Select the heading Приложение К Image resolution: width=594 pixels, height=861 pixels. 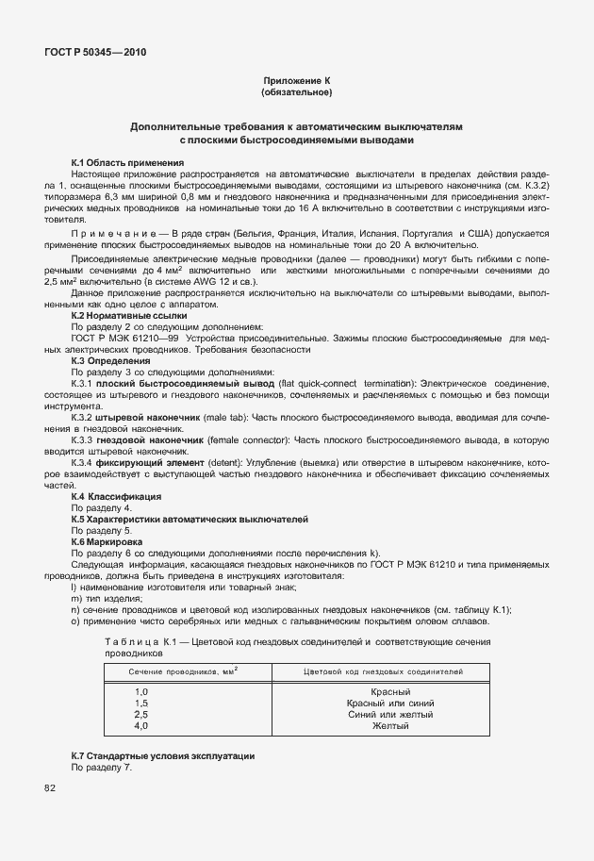296,82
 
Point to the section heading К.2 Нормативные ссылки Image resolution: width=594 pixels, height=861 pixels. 129,315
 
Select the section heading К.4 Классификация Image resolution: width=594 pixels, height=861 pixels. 116,496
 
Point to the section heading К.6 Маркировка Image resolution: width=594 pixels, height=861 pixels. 107,542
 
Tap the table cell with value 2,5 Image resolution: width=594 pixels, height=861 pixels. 141,715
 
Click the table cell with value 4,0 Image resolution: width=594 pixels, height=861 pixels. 141,726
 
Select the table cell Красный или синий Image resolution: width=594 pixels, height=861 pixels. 390,704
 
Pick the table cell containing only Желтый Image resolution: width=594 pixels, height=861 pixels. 390,726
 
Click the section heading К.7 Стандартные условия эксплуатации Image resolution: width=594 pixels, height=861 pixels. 163,757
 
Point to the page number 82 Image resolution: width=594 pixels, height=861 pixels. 50,786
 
